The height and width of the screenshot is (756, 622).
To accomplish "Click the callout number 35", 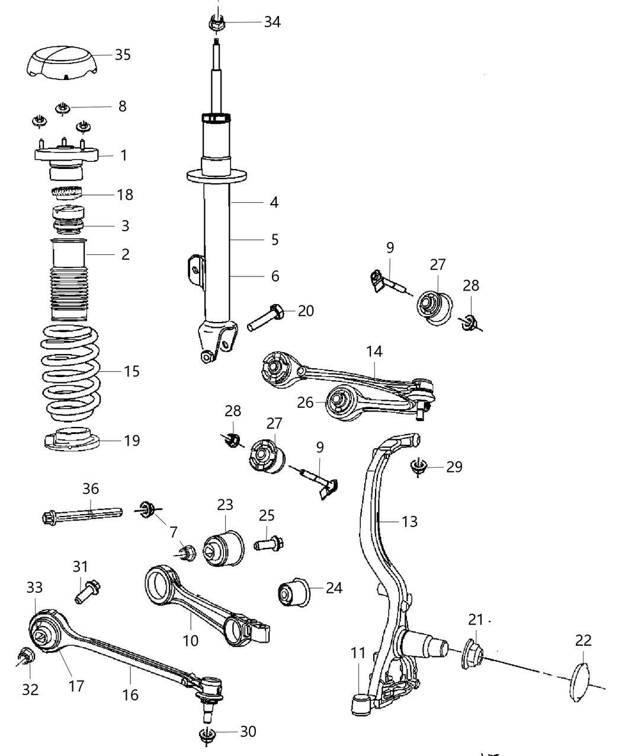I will point(123,55).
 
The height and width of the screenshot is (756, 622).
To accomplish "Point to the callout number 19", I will point(132,441).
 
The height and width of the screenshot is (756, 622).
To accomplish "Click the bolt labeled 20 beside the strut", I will point(267,316).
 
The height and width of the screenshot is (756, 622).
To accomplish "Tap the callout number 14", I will point(374,351).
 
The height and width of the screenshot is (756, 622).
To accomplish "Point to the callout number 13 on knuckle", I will point(409,522).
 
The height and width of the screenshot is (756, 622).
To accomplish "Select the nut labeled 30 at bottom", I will point(207,734).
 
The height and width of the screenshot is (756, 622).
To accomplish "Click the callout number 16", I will point(130,694).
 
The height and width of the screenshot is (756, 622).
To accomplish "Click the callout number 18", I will point(125,194).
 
